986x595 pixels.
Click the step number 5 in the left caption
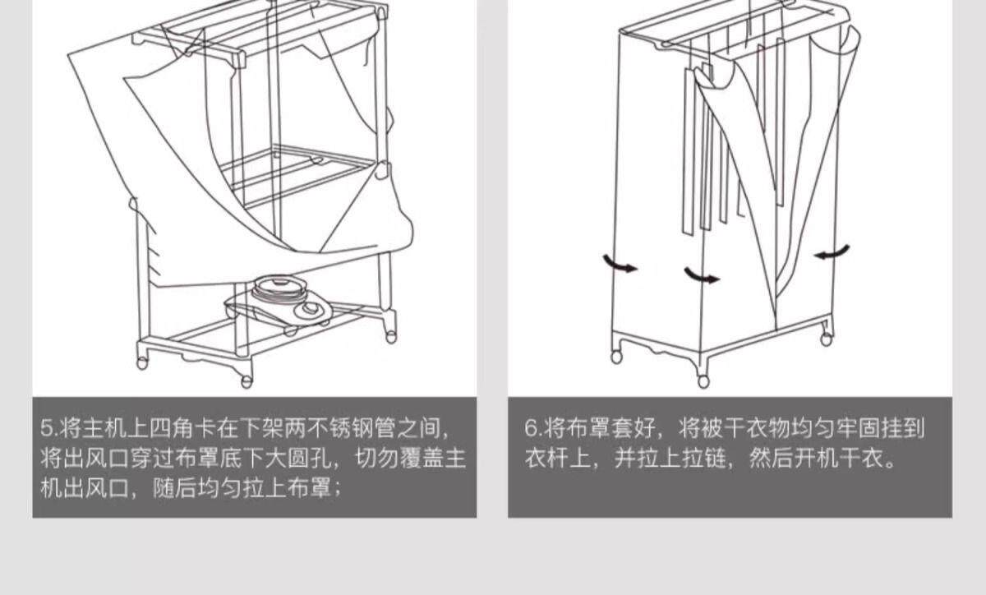(46, 428)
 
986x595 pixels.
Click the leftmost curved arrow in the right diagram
(620, 265)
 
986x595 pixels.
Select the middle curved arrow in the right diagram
(702, 275)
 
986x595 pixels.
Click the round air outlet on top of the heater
(276, 288)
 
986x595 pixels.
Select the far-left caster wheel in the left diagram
(142, 362)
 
